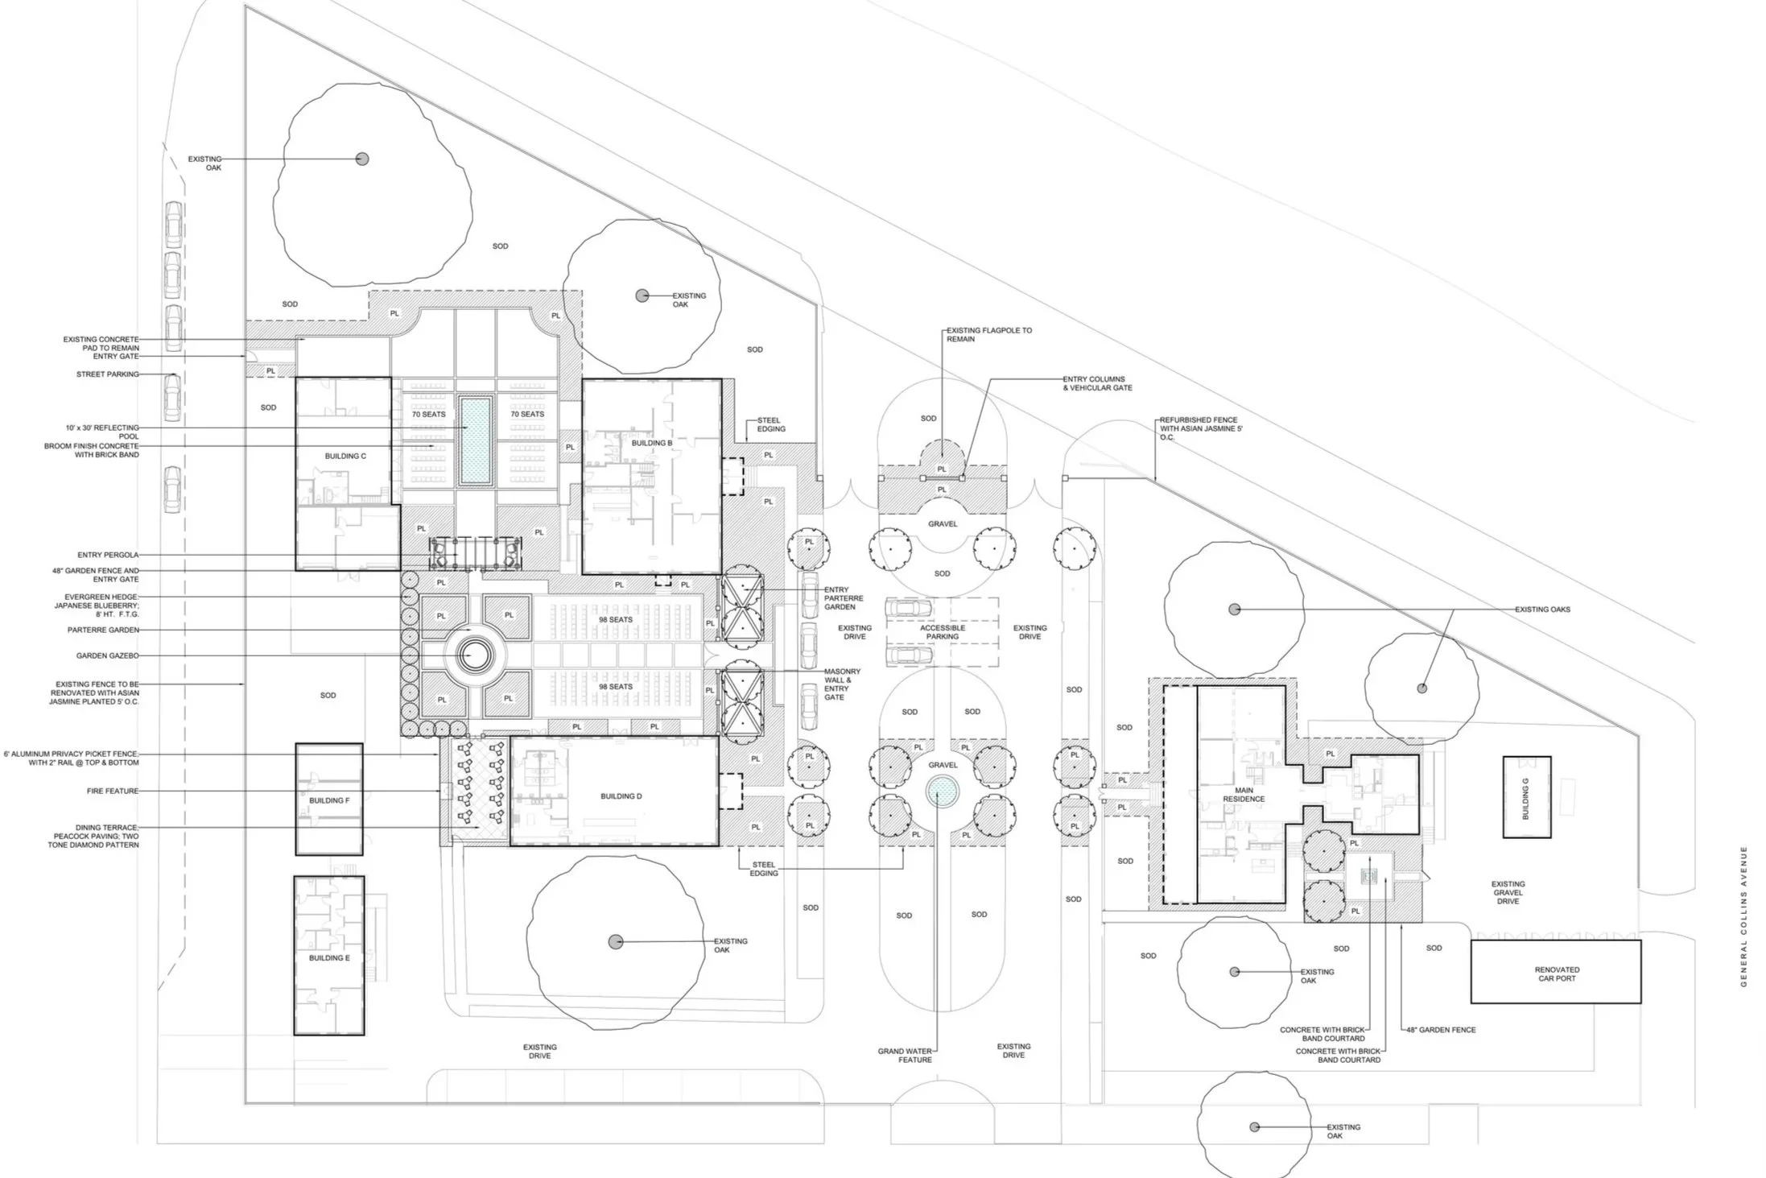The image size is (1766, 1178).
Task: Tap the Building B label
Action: [652, 443]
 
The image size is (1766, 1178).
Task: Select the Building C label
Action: [345, 456]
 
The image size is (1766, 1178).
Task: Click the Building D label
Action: [621, 796]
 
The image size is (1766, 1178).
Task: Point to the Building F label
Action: [329, 800]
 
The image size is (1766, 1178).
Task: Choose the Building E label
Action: [329, 958]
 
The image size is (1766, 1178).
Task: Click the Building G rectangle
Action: [1527, 797]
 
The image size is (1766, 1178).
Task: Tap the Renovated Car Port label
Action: [1557, 974]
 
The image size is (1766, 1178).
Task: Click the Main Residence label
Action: [1244, 795]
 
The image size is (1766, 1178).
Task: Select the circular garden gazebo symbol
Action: [473, 656]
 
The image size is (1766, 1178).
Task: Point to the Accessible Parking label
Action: [943, 632]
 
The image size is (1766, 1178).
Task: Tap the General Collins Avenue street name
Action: [1743, 916]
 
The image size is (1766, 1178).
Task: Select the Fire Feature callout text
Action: [113, 791]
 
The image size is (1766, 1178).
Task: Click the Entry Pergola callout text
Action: [108, 555]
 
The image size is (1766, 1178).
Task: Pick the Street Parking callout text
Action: [108, 374]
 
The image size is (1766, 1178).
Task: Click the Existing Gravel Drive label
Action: [1508, 893]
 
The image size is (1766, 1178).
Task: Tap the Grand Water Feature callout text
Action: [905, 1055]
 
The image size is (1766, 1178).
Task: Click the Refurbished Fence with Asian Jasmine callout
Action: [1200, 429]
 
